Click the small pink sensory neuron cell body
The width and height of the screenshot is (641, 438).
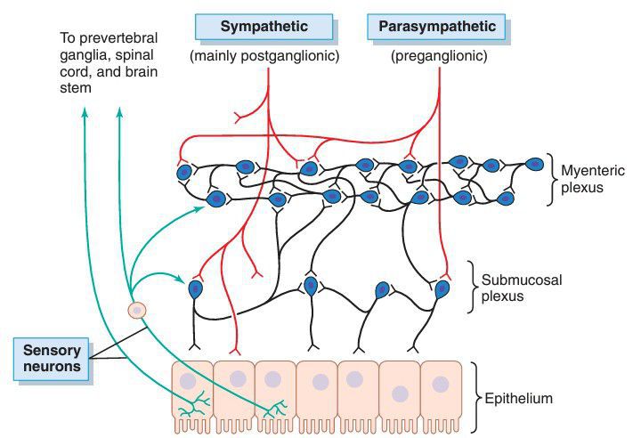(137, 310)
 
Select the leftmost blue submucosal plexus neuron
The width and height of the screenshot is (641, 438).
(196, 288)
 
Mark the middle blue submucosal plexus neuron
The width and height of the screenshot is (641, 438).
(311, 286)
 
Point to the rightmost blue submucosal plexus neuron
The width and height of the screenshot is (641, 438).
(442, 288)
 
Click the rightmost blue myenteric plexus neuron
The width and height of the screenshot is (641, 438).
(534, 165)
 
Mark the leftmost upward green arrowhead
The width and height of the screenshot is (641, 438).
(85, 112)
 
